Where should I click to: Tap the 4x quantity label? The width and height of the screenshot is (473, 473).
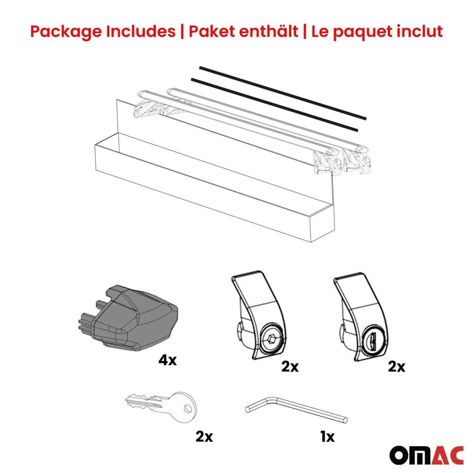pyautogui.click(x=167, y=360)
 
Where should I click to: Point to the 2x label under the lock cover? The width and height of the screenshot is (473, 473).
pyautogui.click(x=396, y=367)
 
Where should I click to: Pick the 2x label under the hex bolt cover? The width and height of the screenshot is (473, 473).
pyautogui.click(x=290, y=367)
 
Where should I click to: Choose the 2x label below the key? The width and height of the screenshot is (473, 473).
pyautogui.click(x=204, y=436)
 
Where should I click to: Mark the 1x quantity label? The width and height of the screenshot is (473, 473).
pyautogui.click(x=327, y=436)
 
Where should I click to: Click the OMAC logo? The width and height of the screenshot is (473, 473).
pyautogui.click(x=426, y=455)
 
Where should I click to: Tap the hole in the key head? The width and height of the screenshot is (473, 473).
pyautogui.click(x=188, y=408)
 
